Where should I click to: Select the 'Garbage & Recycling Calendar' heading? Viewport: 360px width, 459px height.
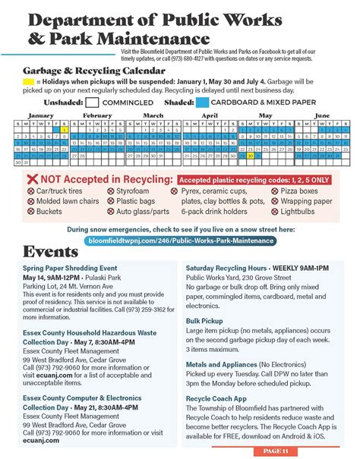[x=83, y=66]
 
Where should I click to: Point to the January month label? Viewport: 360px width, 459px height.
[x=39, y=115]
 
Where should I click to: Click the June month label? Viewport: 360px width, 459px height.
[x=322, y=115]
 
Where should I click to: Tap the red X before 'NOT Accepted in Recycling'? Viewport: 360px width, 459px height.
[x=32, y=179]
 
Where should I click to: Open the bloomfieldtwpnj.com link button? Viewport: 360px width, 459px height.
[x=179, y=241]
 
